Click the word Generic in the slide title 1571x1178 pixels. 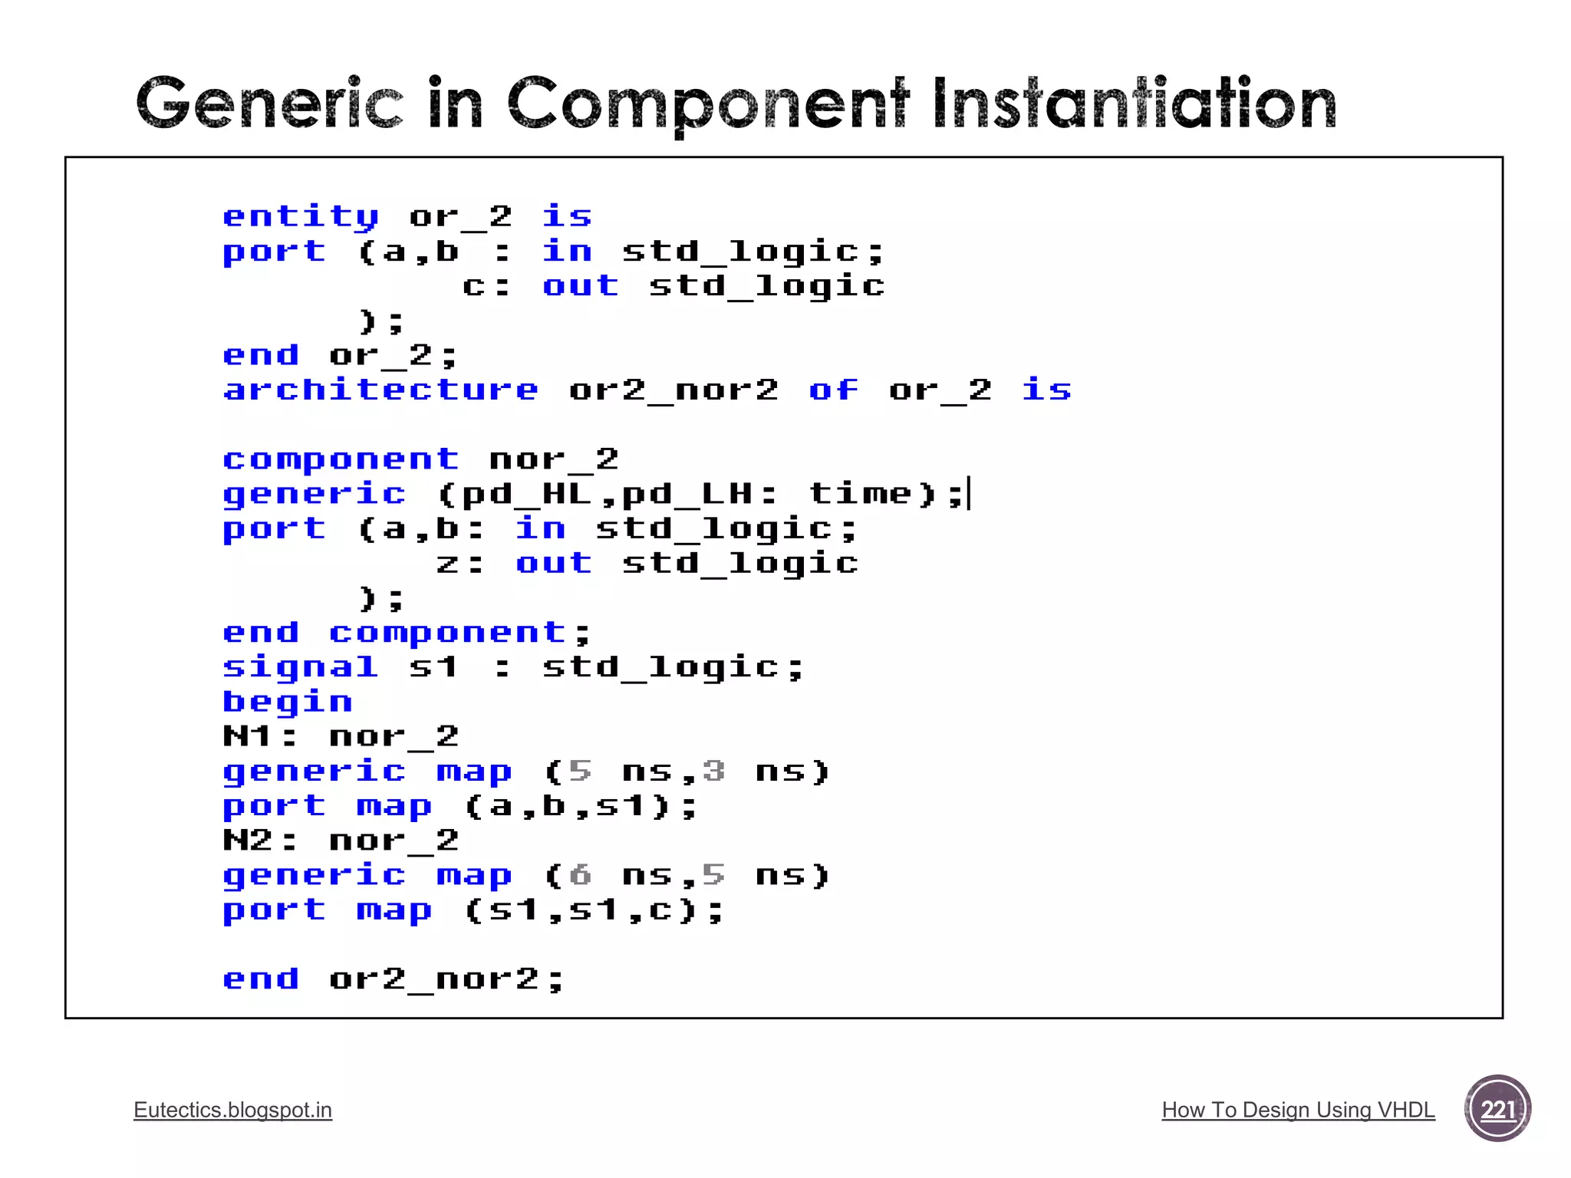coord(268,104)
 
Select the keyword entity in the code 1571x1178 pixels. coord(301,217)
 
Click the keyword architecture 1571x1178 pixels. coord(380,390)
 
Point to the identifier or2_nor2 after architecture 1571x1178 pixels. coord(674,390)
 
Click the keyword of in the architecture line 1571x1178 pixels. coord(834,390)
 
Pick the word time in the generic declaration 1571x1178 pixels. coord(860,493)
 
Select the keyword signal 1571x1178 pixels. coord(301,667)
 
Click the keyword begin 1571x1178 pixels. coord(288,702)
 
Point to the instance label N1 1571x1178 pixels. coord(247,736)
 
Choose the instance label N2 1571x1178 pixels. coord(247,841)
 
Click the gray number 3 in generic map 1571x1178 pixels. coord(713,771)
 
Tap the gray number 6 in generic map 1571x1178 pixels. coord(581,875)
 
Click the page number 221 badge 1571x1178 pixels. coord(1497,1109)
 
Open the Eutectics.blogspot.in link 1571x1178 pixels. coord(232,1110)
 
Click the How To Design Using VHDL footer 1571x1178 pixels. coord(1298,1110)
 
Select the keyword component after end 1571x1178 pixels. coord(446,633)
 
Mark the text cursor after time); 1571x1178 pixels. coord(970,493)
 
